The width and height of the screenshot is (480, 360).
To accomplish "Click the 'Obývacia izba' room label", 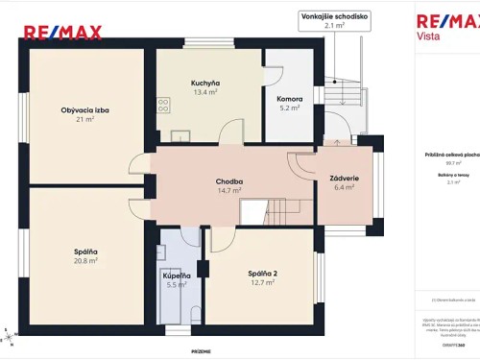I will pyautogui.click(x=85, y=109).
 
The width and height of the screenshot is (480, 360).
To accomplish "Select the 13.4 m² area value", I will pyautogui.click(x=204, y=93).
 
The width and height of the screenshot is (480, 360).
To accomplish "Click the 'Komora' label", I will pyautogui.click(x=289, y=99).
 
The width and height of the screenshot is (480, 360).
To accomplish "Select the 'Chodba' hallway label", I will pyautogui.click(x=228, y=180).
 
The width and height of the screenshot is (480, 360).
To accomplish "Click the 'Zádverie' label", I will pyautogui.click(x=343, y=179).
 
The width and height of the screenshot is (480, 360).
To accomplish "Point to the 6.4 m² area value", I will pyautogui.click(x=343, y=188).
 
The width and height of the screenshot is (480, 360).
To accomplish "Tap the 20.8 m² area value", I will pyautogui.click(x=85, y=261).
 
